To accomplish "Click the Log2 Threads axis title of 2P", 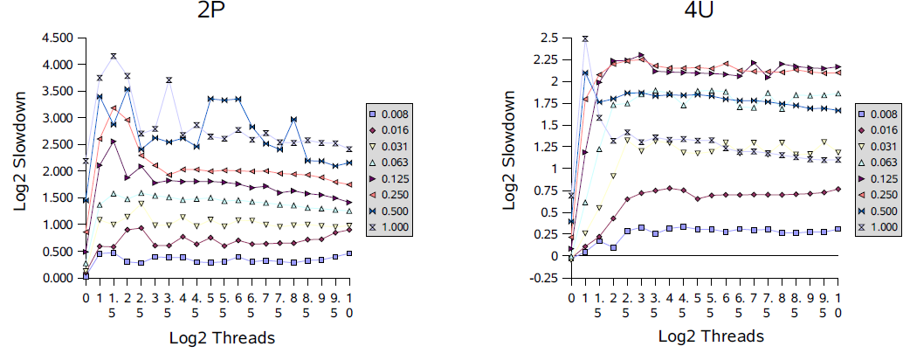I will pos(217,336).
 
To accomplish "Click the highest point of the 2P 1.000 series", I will pos(114,57).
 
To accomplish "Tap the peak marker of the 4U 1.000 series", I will pos(585,38).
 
